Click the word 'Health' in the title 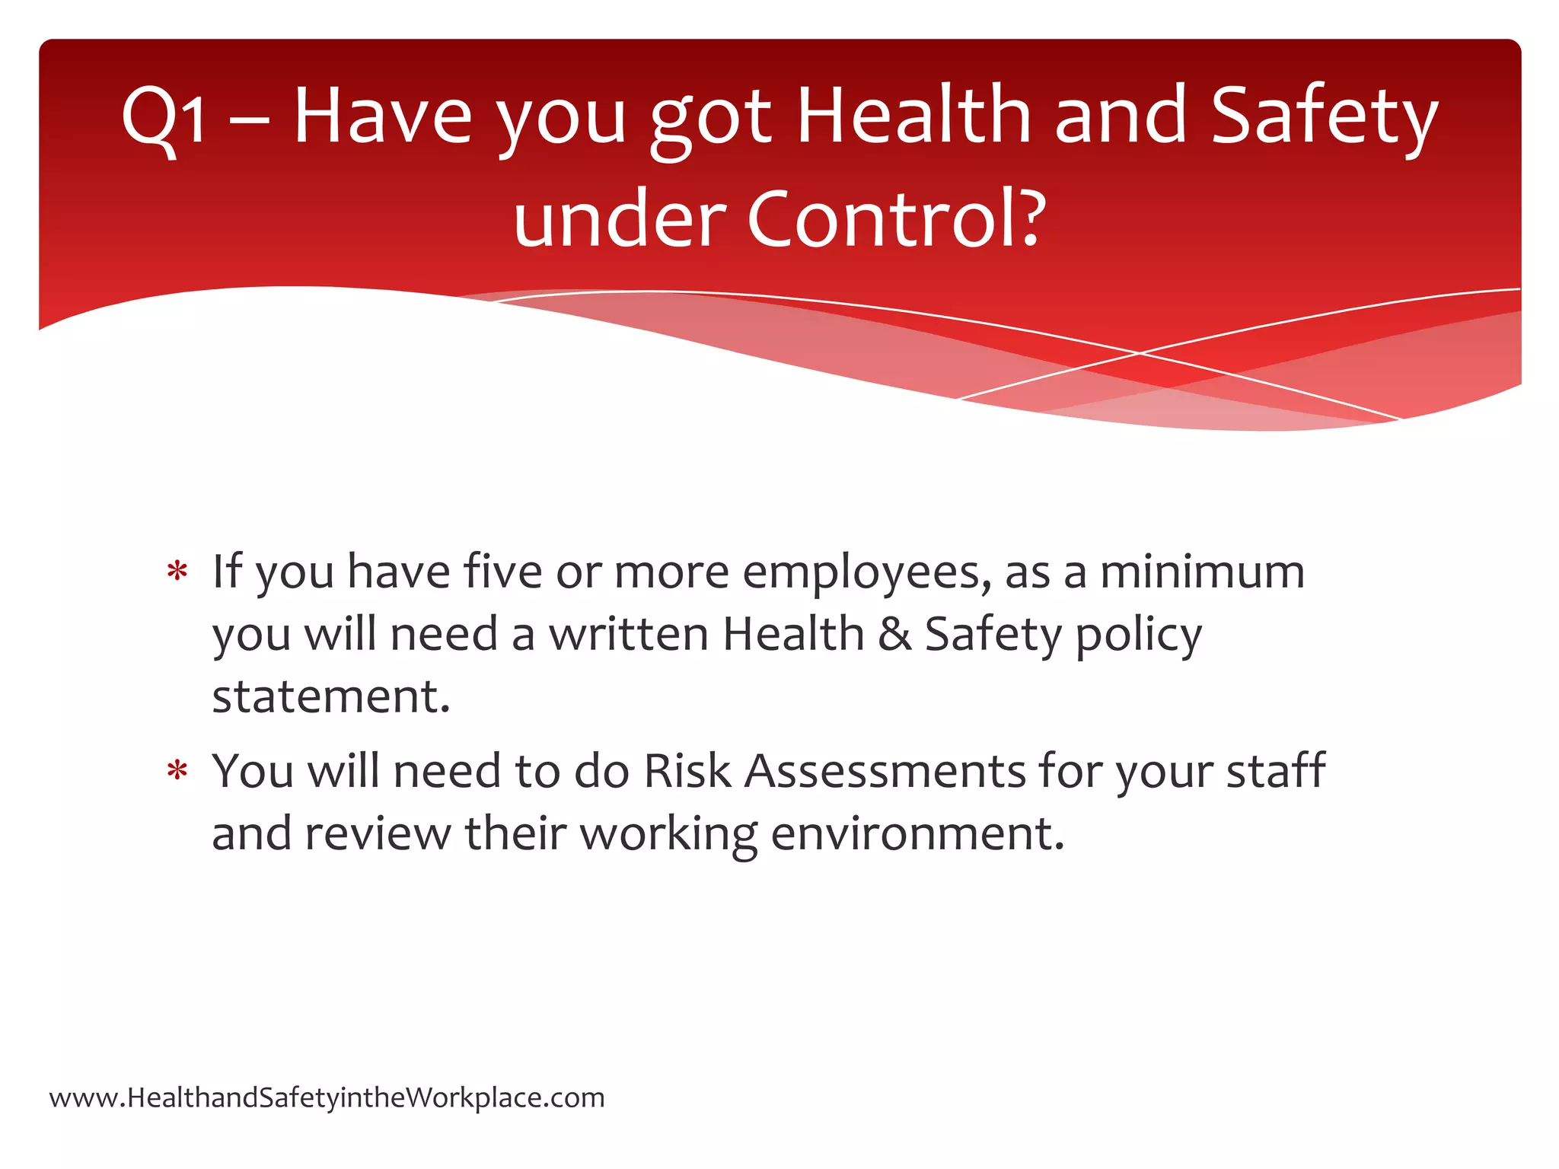click(913, 116)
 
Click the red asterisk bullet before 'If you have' click(177, 572)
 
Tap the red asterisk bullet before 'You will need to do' click(177, 772)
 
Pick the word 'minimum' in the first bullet click(1202, 572)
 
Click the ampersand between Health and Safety click(894, 634)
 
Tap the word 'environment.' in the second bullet click(917, 833)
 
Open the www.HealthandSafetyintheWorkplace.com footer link click(327, 1098)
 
